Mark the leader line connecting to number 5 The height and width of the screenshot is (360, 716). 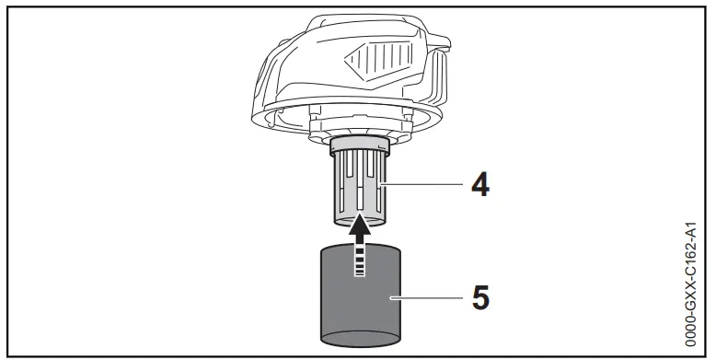click(428, 296)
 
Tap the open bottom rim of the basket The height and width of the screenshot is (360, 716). click(359, 220)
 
